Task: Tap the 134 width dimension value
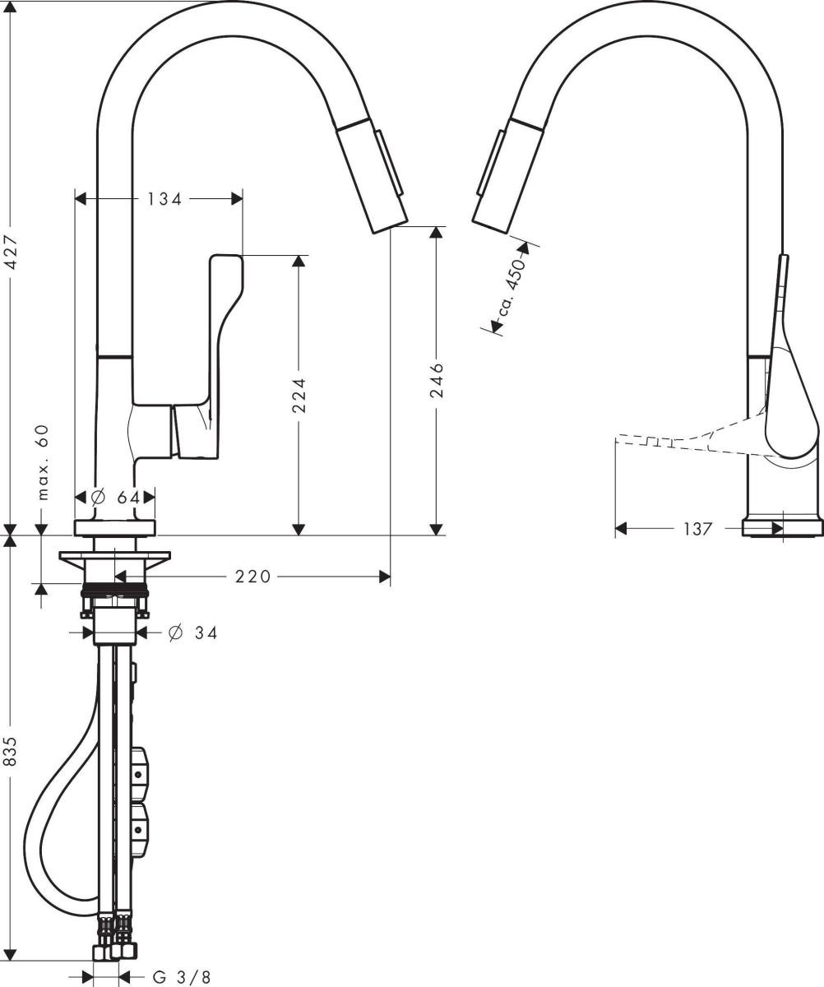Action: [x=164, y=198]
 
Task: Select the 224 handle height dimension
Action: [x=299, y=396]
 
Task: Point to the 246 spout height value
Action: [x=437, y=378]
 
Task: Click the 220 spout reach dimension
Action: [x=252, y=577]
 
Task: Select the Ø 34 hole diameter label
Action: [x=192, y=633]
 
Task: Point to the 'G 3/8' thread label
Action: [x=182, y=977]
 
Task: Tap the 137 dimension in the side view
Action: [x=697, y=529]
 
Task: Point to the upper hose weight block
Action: [x=142, y=773]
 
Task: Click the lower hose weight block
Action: [x=142, y=832]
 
